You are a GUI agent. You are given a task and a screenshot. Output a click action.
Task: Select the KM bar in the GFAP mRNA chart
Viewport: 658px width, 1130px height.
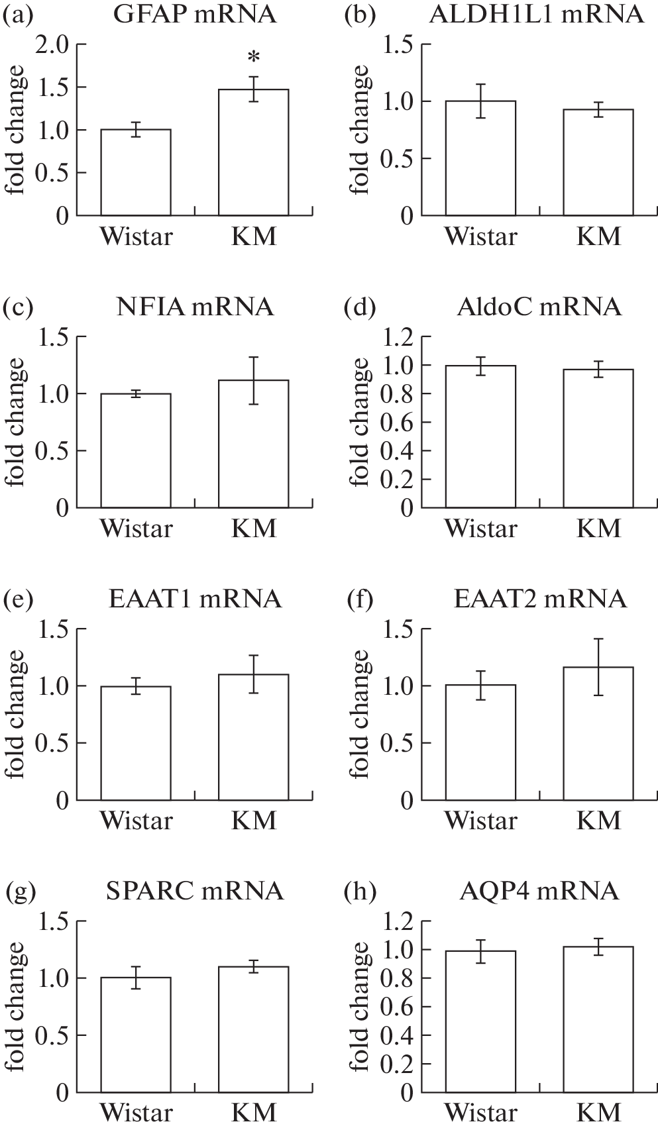click(253, 152)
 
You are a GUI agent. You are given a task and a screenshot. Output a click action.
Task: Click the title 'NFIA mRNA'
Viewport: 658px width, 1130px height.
click(194, 307)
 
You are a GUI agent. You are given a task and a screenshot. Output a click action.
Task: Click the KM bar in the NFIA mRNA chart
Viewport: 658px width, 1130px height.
click(253, 444)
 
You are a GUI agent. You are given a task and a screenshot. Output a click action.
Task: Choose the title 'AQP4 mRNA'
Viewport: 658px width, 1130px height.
click(539, 892)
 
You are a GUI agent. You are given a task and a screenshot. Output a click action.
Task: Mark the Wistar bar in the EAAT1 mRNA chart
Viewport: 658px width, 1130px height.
click(136, 743)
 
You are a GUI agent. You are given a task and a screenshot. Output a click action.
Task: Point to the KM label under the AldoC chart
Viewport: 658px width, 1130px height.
click(599, 529)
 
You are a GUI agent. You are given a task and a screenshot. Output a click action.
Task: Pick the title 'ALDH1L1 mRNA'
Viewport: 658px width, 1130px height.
click(536, 15)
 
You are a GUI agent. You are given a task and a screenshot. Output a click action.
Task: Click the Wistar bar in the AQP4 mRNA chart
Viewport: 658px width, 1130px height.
click(480, 1021)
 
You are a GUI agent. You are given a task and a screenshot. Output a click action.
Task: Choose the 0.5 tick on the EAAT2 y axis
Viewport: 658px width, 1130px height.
click(398, 743)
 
